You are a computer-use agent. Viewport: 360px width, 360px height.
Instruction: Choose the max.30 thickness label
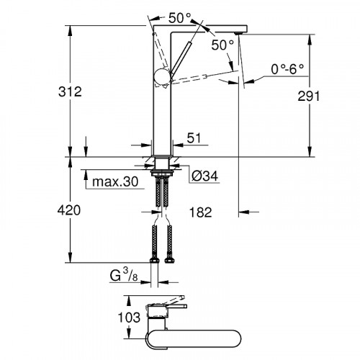114,181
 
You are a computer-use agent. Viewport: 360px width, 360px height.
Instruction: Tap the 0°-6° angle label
287,70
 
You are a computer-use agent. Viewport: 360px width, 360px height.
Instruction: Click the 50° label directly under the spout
222,45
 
